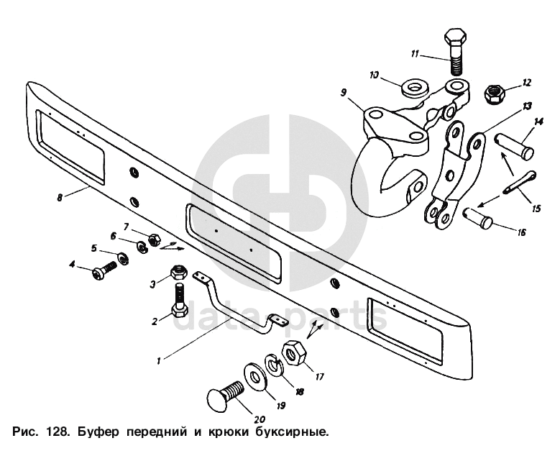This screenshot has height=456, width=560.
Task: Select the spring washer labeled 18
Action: pyautogui.click(x=274, y=366)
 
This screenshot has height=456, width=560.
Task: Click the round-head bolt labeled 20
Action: pyautogui.click(x=224, y=396)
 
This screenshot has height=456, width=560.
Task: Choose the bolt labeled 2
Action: pyautogui.click(x=179, y=301)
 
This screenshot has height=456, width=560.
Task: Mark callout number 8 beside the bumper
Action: pyautogui.click(x=60, y=196)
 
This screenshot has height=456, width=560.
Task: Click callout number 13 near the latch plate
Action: pyautogui.click(x=527, y=106)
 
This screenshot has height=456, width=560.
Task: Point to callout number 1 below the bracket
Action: pyautogui.click(x=159, y=355)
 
